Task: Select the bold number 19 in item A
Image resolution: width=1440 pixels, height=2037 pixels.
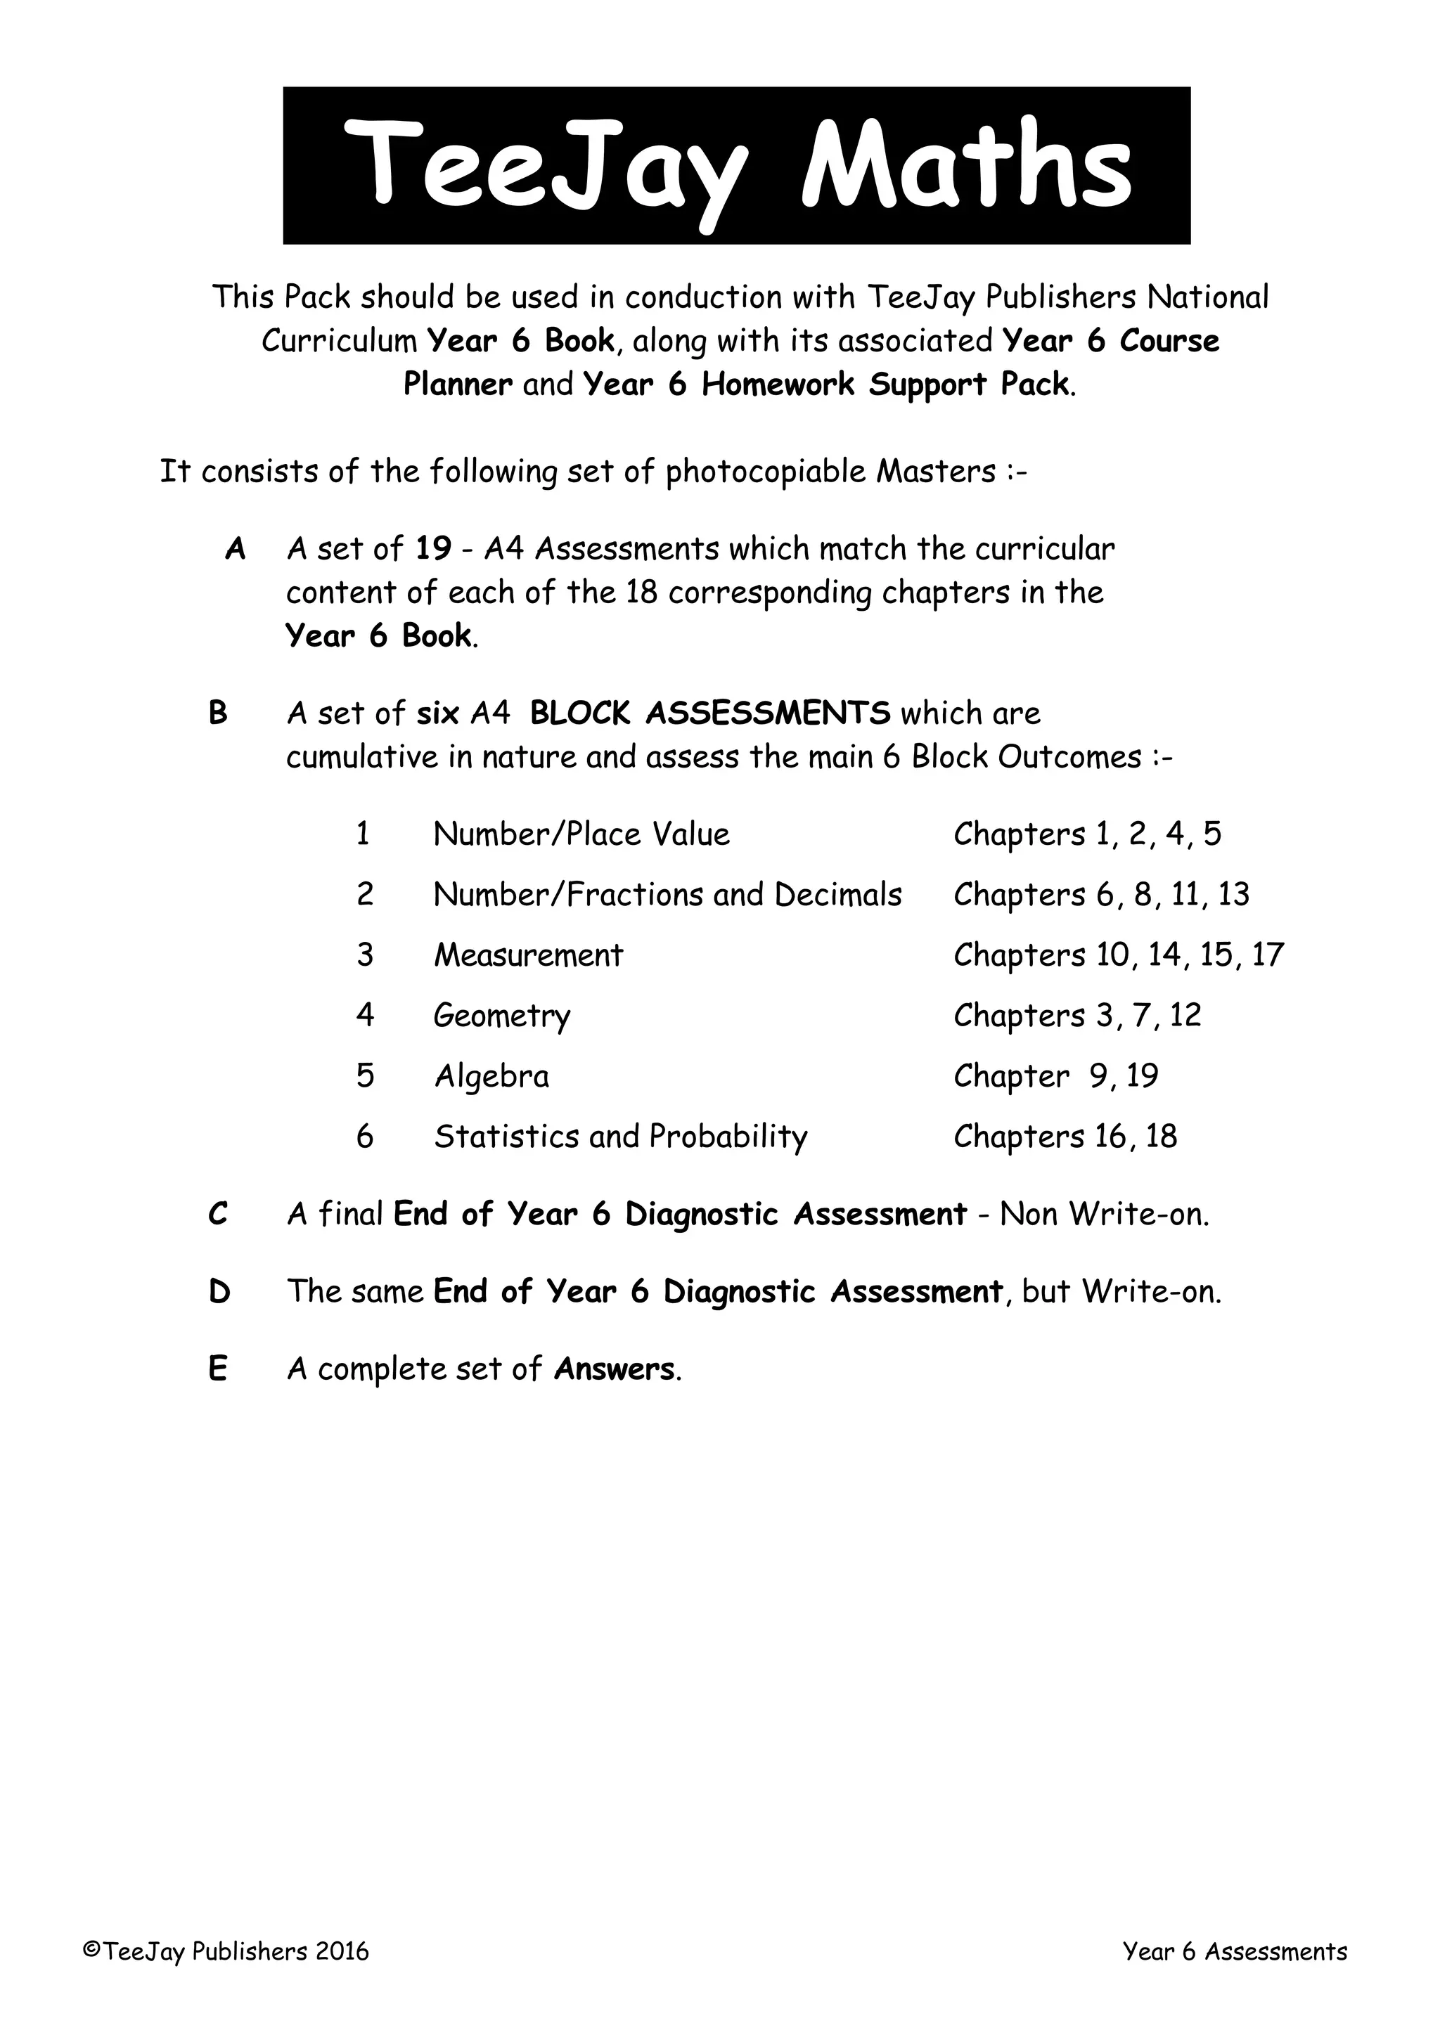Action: [433, 549]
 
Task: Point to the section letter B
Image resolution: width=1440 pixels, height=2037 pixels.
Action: [217, 713]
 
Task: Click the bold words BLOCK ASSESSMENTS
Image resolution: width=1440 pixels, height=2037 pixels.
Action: [709, 713]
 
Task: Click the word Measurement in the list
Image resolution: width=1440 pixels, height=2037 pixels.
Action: [528, 955]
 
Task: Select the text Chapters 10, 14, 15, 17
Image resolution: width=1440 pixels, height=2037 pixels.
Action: [1118, 955]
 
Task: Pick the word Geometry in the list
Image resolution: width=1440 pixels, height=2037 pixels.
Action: [501, 1016]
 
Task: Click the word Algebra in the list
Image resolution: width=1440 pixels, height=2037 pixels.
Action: [491, 1076]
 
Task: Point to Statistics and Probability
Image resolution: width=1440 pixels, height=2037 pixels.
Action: [620, 1137]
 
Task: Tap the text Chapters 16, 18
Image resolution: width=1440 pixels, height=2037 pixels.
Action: [1065, 1137]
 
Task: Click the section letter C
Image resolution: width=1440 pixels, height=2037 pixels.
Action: [217, 1214]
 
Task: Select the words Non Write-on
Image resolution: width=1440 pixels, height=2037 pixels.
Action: [1104, 1214]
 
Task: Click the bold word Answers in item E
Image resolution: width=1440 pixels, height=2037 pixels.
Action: [614, 1369]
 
